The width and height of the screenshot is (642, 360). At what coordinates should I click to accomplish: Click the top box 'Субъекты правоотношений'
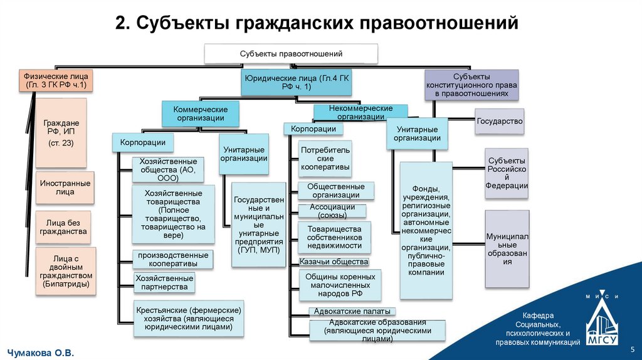[291, 53]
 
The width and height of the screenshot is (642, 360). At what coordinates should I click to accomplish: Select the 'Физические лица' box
[56, 80]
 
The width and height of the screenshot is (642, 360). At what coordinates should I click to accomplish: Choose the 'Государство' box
[499, 121]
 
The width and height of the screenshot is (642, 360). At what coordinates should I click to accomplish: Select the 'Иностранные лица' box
[65, 188]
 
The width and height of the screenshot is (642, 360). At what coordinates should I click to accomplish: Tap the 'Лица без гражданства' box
[62, 227]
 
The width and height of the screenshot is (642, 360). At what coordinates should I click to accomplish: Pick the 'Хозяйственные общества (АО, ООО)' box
[168, 169]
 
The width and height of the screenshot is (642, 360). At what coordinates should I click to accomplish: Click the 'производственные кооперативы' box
[173, 260]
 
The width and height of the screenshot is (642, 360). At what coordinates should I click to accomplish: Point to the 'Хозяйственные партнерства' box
[164, 282]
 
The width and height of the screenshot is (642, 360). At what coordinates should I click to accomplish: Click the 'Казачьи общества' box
[333, 262]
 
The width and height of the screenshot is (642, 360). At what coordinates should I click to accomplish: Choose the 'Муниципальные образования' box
[507, 249]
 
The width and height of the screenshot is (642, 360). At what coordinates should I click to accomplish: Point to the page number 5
[632, 349]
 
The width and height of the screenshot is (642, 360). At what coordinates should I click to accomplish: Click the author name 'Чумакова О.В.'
[41, 354]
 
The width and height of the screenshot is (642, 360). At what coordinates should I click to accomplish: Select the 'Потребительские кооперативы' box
[325, 159]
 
